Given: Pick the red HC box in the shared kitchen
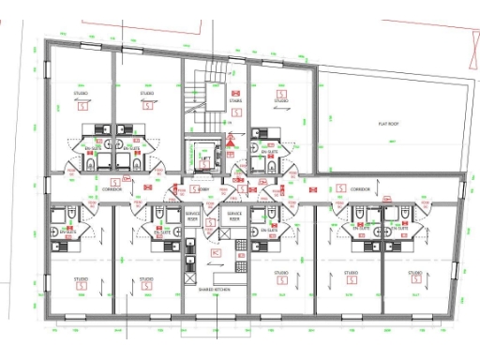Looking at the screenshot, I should pos(216,252).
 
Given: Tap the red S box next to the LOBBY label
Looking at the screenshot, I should pos(195,188).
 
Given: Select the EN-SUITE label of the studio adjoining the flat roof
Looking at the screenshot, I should pos(270,152).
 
